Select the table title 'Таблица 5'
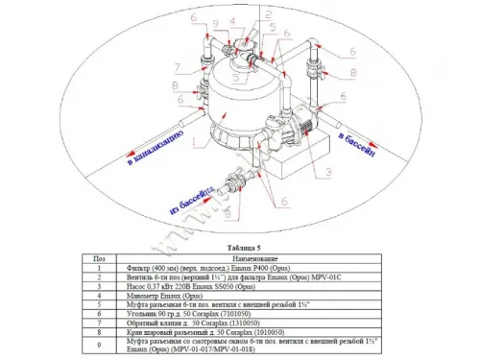tap(239, 245)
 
